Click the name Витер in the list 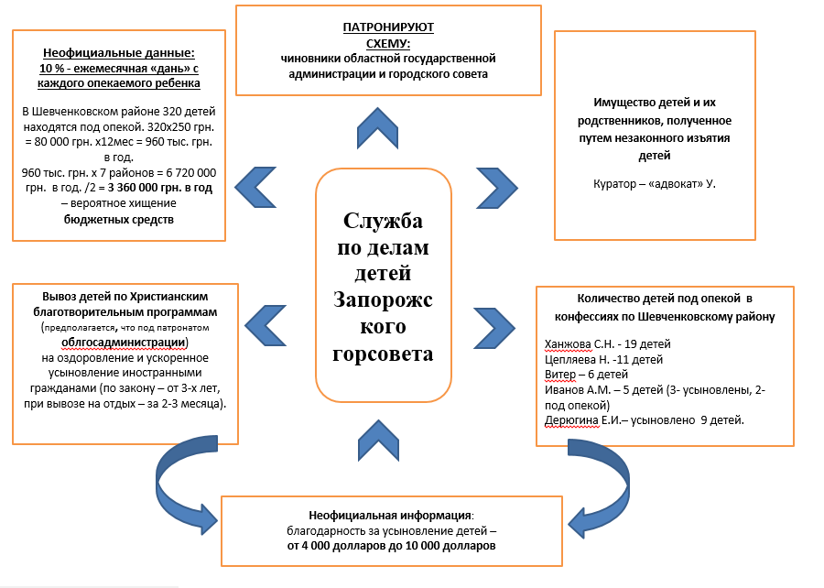coord(560,374)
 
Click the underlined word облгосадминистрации coord(124,343)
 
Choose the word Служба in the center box coord(384,221)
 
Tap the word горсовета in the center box coord(384,353)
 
